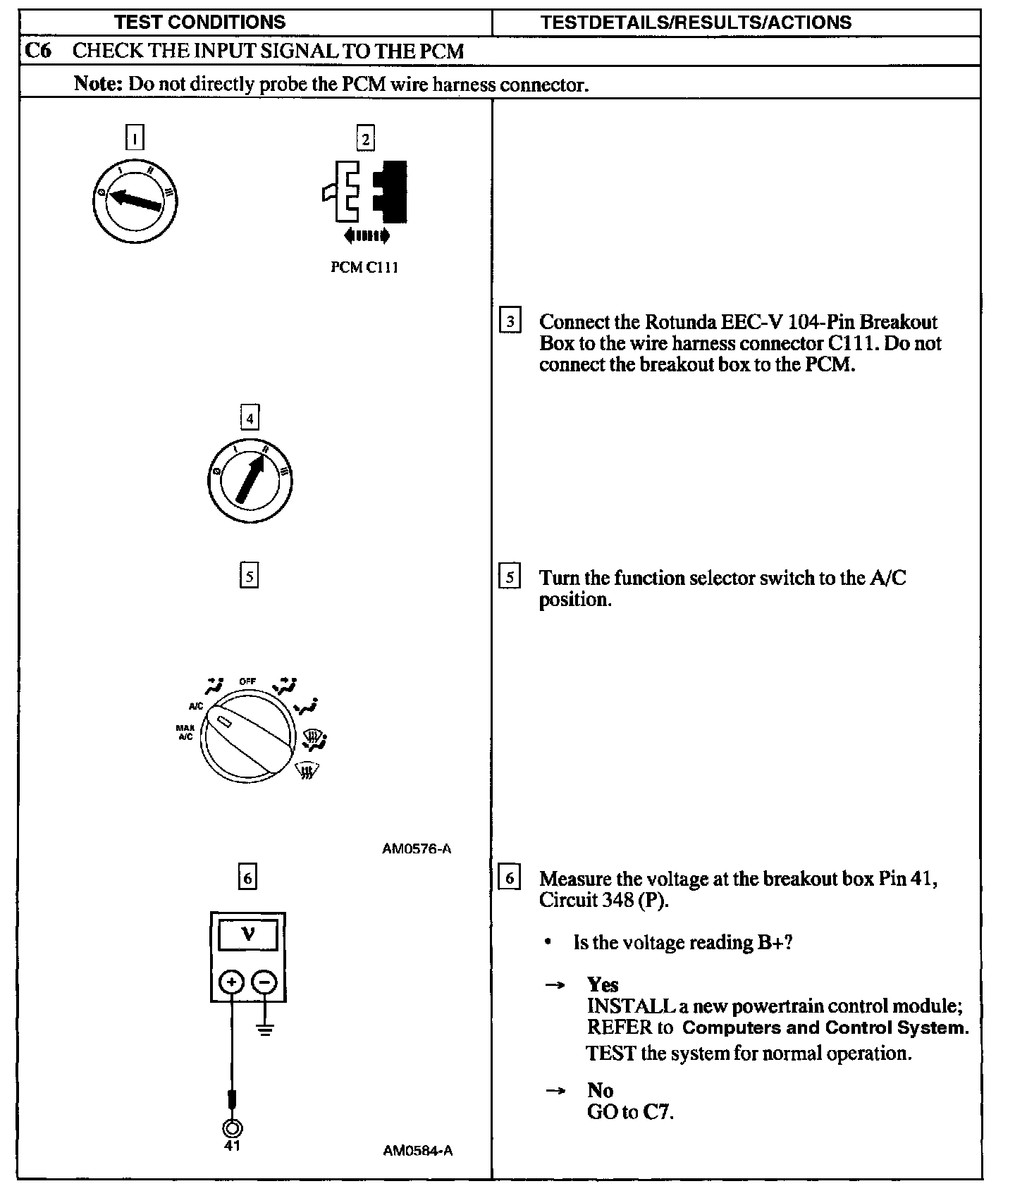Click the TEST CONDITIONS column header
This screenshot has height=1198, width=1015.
[200, 23]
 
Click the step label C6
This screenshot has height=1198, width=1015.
[37, 51]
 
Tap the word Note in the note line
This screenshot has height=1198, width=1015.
[98, 84]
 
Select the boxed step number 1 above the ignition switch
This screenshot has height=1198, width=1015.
[135, 137]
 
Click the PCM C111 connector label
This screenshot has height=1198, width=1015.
[364, 268]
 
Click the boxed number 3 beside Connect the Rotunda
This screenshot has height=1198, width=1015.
[510, 321]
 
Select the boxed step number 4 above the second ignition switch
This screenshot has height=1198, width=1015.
[250, 418]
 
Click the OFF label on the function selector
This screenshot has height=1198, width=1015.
[247, 681]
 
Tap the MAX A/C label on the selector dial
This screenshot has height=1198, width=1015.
[185, 732]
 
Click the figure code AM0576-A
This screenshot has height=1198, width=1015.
[417, 849]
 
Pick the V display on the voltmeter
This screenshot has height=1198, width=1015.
[248, 935]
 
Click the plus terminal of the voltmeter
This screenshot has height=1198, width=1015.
[232, 982]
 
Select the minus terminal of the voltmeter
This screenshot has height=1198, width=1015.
[264, 982]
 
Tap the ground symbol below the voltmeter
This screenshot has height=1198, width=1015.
[265, 1030]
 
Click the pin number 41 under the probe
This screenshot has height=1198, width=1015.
[232, 1146]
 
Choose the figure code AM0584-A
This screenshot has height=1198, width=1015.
[417, 1151]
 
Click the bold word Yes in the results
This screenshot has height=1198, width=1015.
[603, 984]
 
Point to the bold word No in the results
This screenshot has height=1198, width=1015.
[600, 1090]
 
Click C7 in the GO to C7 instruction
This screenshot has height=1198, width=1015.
[658, 1112]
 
